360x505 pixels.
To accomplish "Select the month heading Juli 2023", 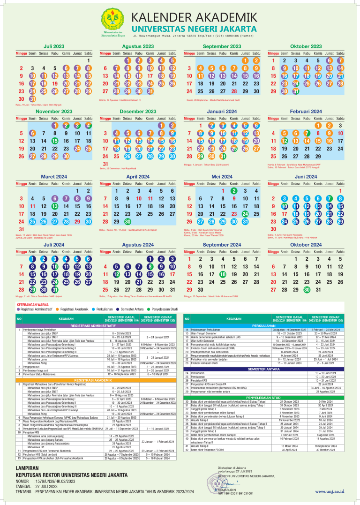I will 54,46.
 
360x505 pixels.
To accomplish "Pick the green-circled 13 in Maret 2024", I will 54,206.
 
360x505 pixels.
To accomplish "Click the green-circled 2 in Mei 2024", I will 233,190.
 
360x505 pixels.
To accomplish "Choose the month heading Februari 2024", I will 306,112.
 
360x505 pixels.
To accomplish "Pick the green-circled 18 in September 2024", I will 223,274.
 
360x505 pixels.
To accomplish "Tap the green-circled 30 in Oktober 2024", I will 307,289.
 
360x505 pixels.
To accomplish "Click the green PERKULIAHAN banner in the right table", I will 263,325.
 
